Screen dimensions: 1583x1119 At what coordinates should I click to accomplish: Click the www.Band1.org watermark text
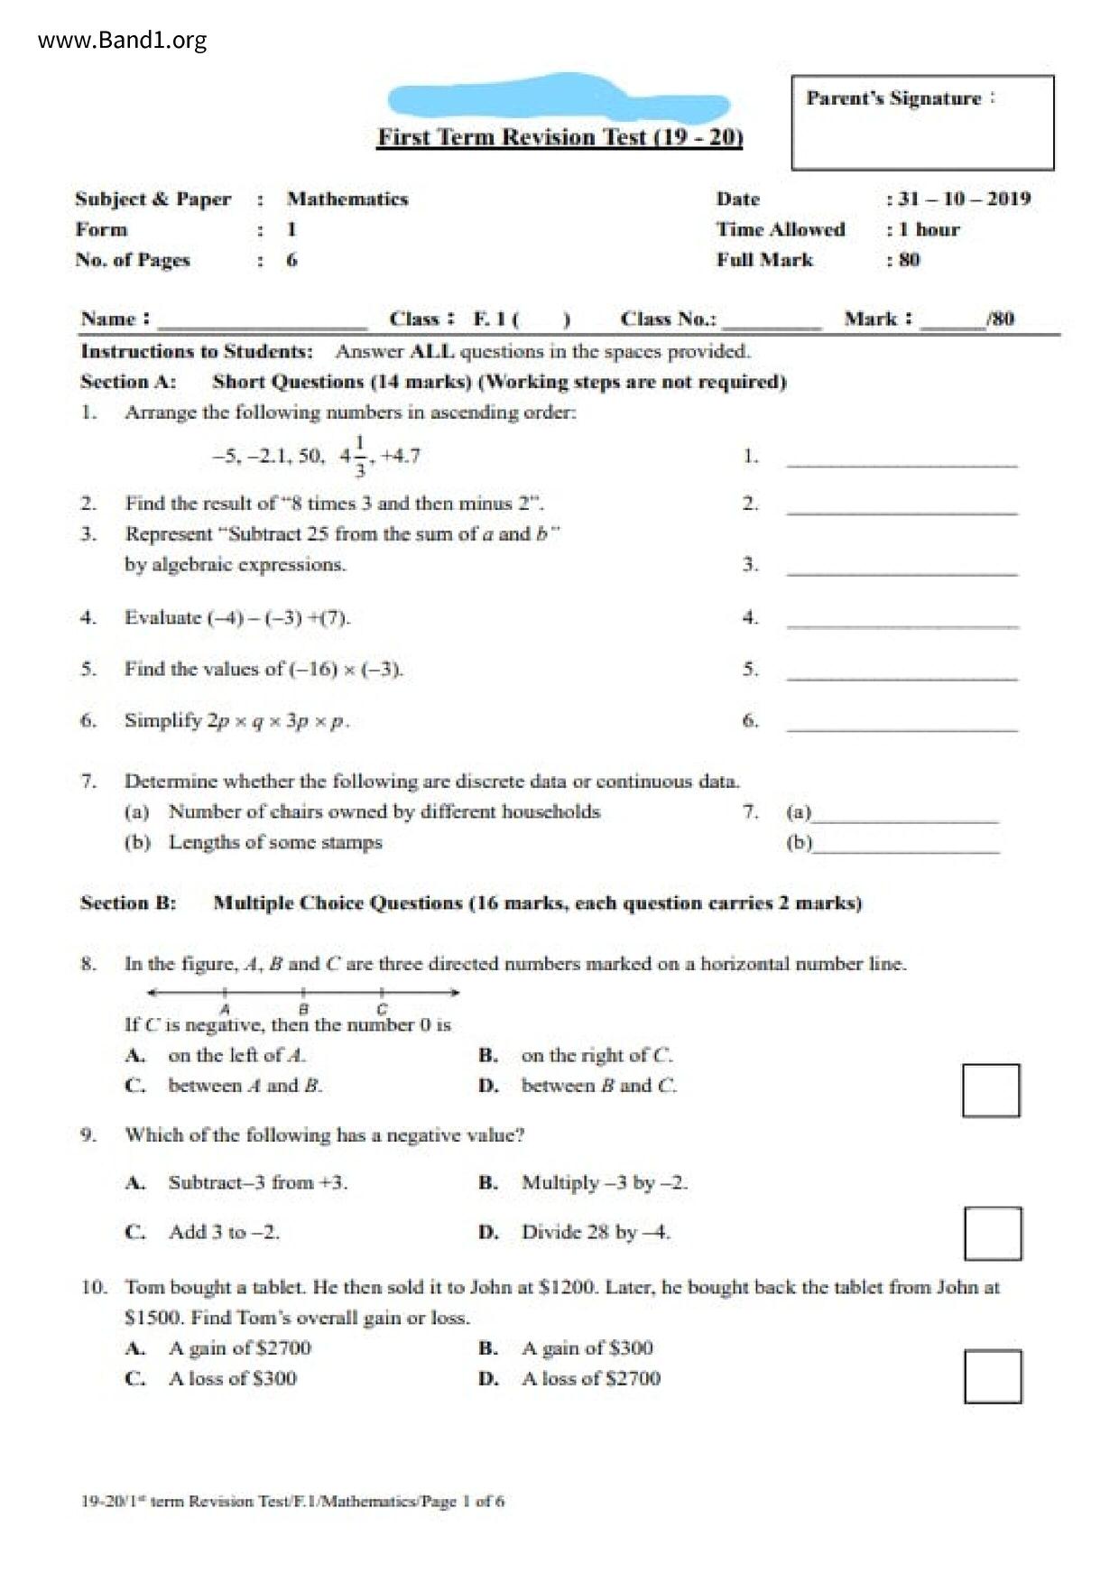(x=122, y=41)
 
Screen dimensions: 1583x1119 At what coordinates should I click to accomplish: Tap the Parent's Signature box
(x=922, y=123)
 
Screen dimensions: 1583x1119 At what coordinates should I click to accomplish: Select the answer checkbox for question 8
(x=991, y=1090)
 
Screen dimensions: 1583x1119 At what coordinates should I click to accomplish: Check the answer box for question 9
(x=993, y=1233)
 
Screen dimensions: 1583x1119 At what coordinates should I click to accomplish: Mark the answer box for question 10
(x=993, y=1376)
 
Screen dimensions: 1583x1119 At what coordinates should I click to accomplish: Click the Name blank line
(x=262, y=322)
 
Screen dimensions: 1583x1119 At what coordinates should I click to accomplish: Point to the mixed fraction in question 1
(x=353, y=456)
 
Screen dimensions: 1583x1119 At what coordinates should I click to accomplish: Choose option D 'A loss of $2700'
(x=590, y=1378)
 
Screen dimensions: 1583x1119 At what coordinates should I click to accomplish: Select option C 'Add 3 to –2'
(x=223, y=1232)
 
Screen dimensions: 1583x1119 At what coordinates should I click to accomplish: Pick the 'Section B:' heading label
(x=128, y=903)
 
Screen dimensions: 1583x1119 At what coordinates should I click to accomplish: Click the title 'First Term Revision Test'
(x=559, y=137)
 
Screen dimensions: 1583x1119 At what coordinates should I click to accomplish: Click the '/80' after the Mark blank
(x=1000, y=319)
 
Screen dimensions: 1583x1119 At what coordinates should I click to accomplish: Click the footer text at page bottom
(x=292, y=1502)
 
